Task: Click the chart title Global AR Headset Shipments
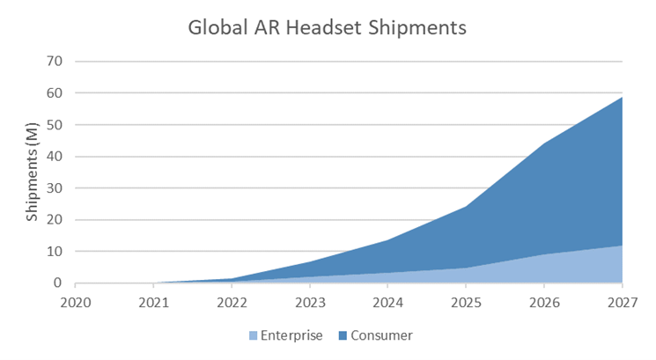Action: (327, 28)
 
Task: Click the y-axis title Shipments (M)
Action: (33, 173)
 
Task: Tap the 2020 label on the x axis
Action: (76, 301)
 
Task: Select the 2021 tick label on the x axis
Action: (154, 301)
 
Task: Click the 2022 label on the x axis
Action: (232, 301)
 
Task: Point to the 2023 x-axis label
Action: (310, 301)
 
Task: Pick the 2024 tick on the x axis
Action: (388, 301)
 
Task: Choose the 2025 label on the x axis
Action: (466, 301)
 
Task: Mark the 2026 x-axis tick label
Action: (544, 301)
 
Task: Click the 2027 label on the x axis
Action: (622, 301)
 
